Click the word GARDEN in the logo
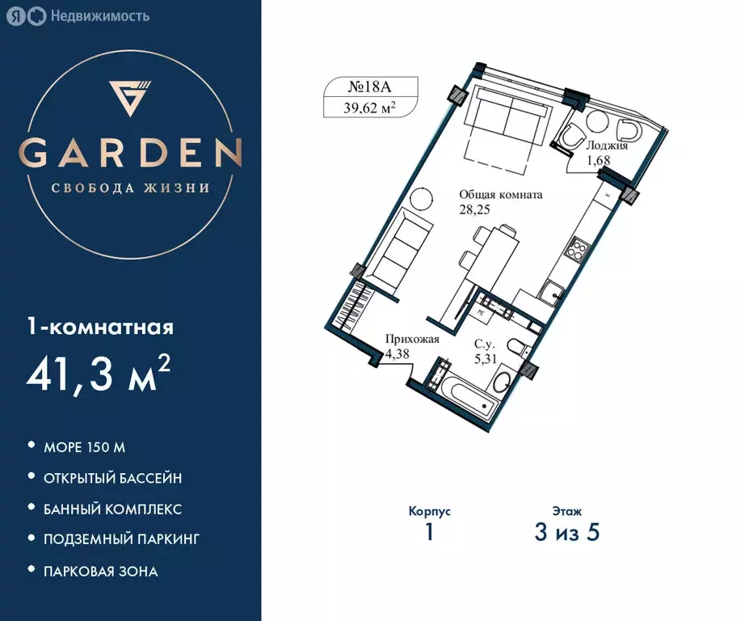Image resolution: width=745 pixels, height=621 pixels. (130, 152)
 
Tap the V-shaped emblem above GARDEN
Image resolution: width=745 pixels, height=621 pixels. (129, 99)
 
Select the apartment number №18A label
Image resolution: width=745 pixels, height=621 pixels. (369, 87)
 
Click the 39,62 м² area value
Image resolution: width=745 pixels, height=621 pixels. (369, 108)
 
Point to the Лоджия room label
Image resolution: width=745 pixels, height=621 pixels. (607, 146)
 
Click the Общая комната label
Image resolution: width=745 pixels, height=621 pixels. (501, 195)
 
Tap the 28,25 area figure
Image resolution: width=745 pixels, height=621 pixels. (474, 209)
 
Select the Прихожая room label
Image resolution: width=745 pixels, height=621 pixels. (412, 339)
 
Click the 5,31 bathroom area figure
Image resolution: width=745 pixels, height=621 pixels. (486, 359)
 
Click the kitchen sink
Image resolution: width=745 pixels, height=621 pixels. (552, 290)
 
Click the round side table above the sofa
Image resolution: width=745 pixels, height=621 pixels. (422, 198)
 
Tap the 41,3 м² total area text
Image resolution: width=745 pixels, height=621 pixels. (99, 374)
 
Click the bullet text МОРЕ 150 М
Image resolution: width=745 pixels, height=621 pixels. (84, 447)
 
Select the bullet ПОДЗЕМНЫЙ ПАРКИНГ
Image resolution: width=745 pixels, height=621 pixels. (121, 539)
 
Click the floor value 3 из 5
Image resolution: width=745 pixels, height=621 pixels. (566, 532)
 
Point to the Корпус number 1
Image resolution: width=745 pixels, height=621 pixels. (430, 532)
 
